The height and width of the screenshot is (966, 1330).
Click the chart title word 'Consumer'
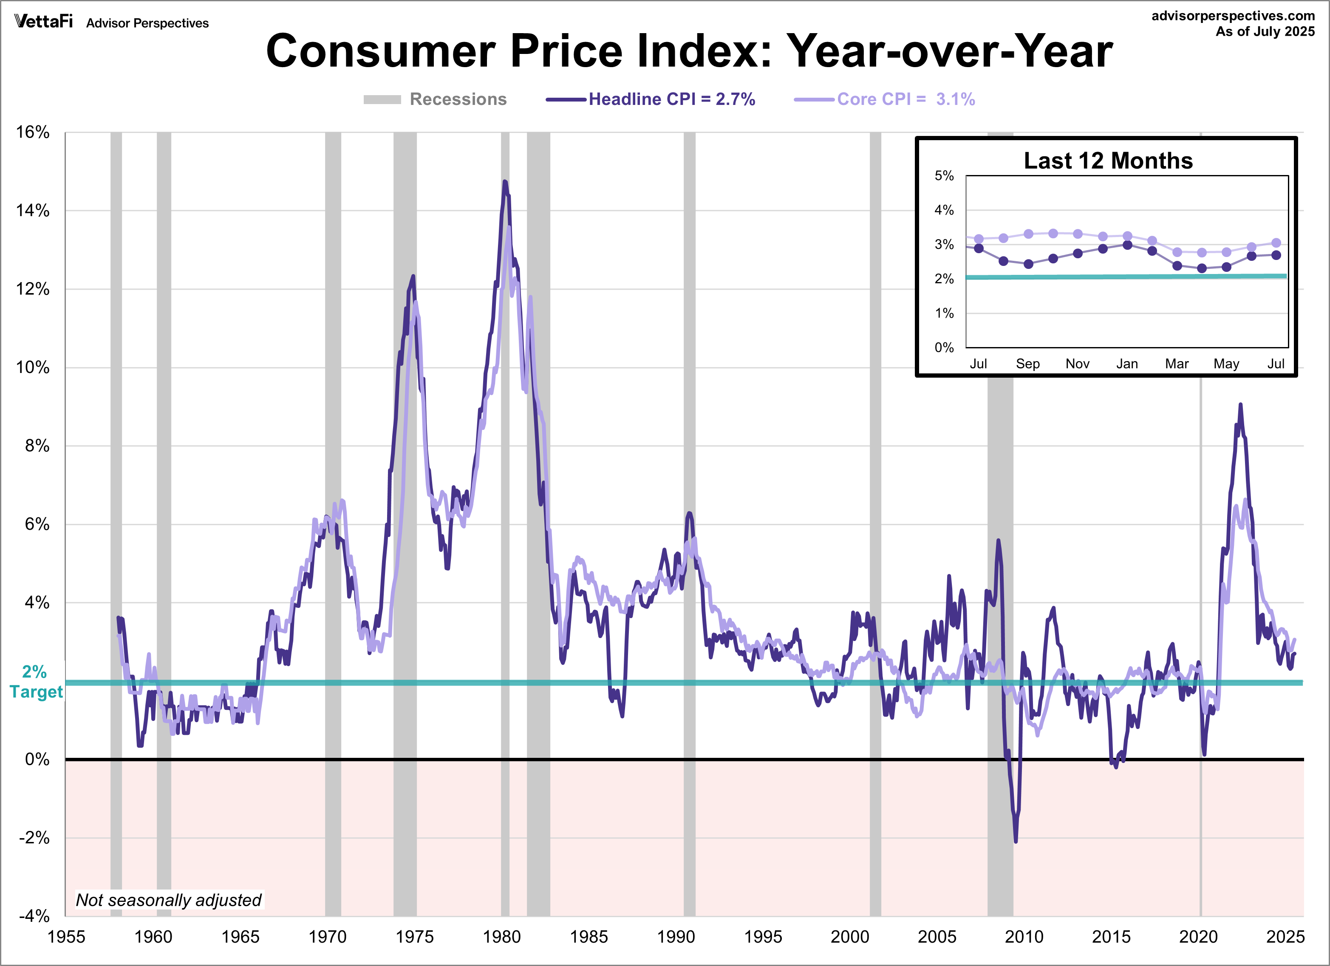tap(381, 51)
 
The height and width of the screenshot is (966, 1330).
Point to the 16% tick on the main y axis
tap(33, 133)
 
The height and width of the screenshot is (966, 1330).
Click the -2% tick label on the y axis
tap(34, 838)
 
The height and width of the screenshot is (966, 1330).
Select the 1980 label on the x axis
tap(501, 937)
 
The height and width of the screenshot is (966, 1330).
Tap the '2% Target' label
tap(35, 682)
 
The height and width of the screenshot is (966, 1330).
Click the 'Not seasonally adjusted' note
tap(169, 900)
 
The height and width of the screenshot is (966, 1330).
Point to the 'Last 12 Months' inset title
tap(1108, 161)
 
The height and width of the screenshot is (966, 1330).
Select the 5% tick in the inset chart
tap(944, 176)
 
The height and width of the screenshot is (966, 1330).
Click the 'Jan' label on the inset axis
tap(1126, 364)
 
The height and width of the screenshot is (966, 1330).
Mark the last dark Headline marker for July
tap(1276, 255)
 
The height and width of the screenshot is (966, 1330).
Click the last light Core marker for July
tap(1276, 243)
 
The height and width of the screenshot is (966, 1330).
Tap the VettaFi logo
tap(43, 22)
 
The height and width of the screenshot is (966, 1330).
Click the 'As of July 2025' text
tap(1265, 32)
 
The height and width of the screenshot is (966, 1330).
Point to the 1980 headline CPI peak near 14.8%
tap(504, 182)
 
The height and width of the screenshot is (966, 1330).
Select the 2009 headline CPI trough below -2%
tap(1016, 841)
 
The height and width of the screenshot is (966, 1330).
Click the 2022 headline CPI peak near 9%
tap(1240, 404)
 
